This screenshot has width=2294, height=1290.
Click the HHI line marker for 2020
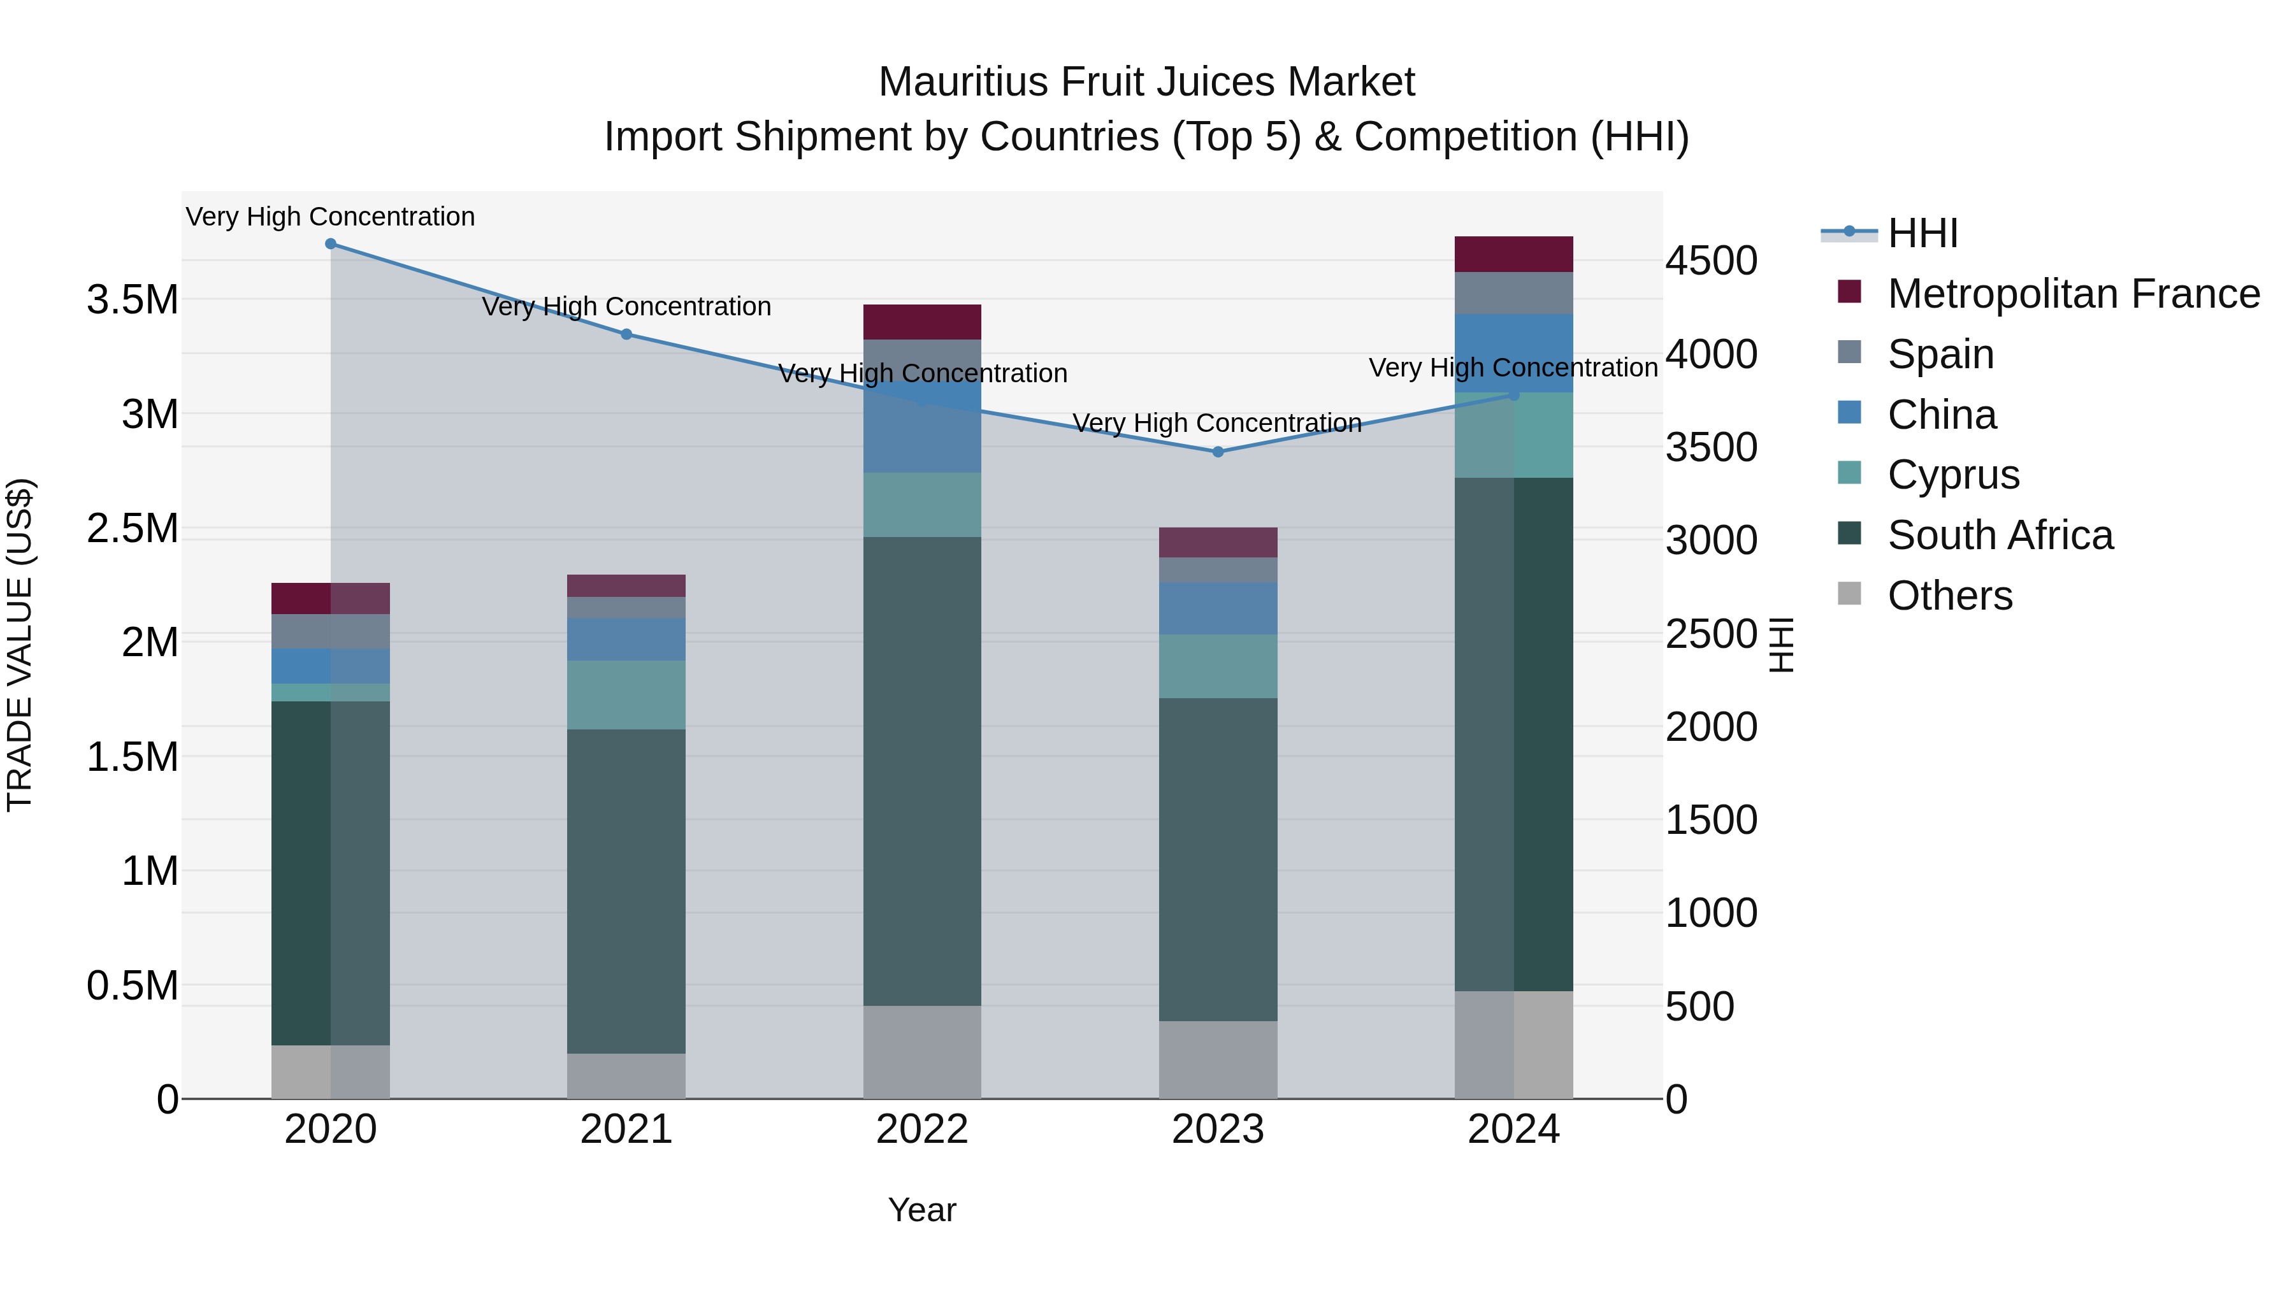330,244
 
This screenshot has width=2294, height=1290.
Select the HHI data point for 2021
626,334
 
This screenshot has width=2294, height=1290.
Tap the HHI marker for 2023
1218,452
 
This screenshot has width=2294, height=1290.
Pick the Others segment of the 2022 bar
921,1052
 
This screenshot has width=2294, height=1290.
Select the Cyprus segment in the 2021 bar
626,695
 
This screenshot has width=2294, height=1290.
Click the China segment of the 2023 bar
1218,609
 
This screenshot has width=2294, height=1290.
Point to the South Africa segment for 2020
330,873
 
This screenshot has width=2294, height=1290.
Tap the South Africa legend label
2000,535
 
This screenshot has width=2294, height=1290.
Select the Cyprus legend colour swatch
1850,473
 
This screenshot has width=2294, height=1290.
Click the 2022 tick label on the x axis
921,1129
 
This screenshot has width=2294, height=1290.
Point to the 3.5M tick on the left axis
133,300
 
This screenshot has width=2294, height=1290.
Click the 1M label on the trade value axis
150,871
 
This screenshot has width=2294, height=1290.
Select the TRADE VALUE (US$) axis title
20,645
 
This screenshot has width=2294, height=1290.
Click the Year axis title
921,1210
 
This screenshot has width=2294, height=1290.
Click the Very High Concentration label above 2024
1513,368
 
